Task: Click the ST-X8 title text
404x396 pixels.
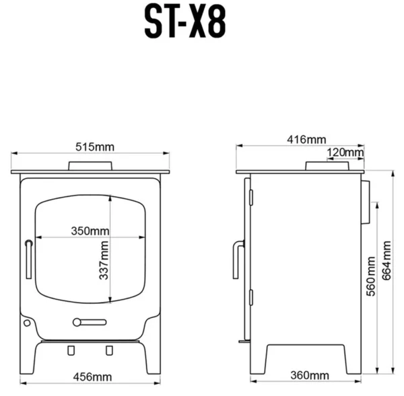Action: (x=185, y=24)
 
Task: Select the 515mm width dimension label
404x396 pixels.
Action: (x=94, y=146)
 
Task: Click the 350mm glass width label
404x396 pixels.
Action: (x=90, y=231)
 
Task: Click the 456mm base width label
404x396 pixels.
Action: (x=93, y=377)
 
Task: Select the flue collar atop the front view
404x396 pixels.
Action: (x=90, y=166)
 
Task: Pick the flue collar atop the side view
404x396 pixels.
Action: (x=327, y=166)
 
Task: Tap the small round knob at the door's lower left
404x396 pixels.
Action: (x=27, y=323)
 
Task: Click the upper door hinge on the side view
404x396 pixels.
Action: (x=251, y=196)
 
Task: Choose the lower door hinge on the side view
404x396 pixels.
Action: (x=251, y=297)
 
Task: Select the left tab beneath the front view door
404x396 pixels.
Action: (x=71, y=349)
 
